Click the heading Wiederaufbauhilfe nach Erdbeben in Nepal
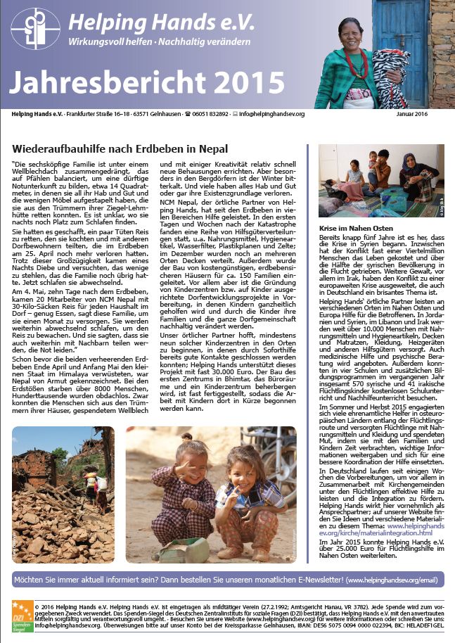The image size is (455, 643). tap(120, 148)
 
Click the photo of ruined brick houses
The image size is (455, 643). tap(63, 494)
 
